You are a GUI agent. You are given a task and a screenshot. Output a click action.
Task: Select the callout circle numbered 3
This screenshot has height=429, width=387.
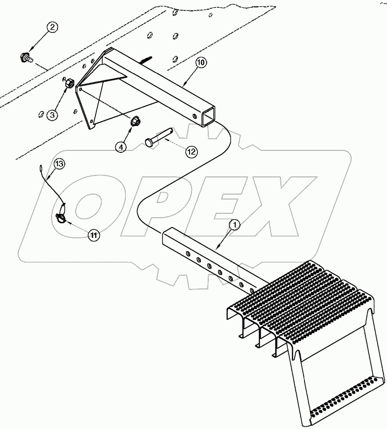[52, 115]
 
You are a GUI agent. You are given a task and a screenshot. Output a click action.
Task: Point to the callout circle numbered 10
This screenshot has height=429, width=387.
[201, 63]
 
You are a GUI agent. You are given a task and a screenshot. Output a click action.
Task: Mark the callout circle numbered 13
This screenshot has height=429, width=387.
[58, 164]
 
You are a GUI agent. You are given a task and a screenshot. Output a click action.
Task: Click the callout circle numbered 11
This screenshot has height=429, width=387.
[94, 235]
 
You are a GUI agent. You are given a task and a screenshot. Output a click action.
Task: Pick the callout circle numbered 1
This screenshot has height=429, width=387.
[235, 225]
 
